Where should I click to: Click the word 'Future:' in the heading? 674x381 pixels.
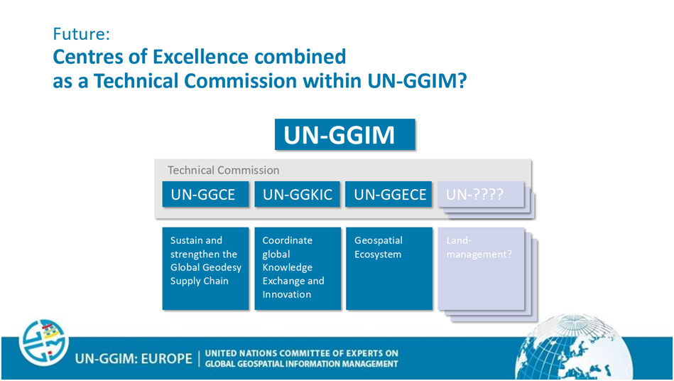pos(81,33)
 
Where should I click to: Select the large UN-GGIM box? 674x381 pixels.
pos(344,134)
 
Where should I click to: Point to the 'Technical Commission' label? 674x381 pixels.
pos(224,171)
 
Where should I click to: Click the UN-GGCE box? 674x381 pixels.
pos(205,194)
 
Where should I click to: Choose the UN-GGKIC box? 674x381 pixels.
pos(298,194)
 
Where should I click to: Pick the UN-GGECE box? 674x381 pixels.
pos(388,194)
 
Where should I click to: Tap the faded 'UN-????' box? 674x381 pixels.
pos(481,194)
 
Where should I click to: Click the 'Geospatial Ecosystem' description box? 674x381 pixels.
pos(389,268)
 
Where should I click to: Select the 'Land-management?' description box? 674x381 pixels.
pos(482,268)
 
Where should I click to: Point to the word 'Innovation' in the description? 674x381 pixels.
pos(287,294)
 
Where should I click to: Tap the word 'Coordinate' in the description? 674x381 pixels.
pos(287,240)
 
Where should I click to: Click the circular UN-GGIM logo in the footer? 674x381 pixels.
pos(43,343)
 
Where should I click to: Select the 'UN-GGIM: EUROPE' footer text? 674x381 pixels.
pos(134,359)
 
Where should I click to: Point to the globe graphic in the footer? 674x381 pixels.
pos(574,348)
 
